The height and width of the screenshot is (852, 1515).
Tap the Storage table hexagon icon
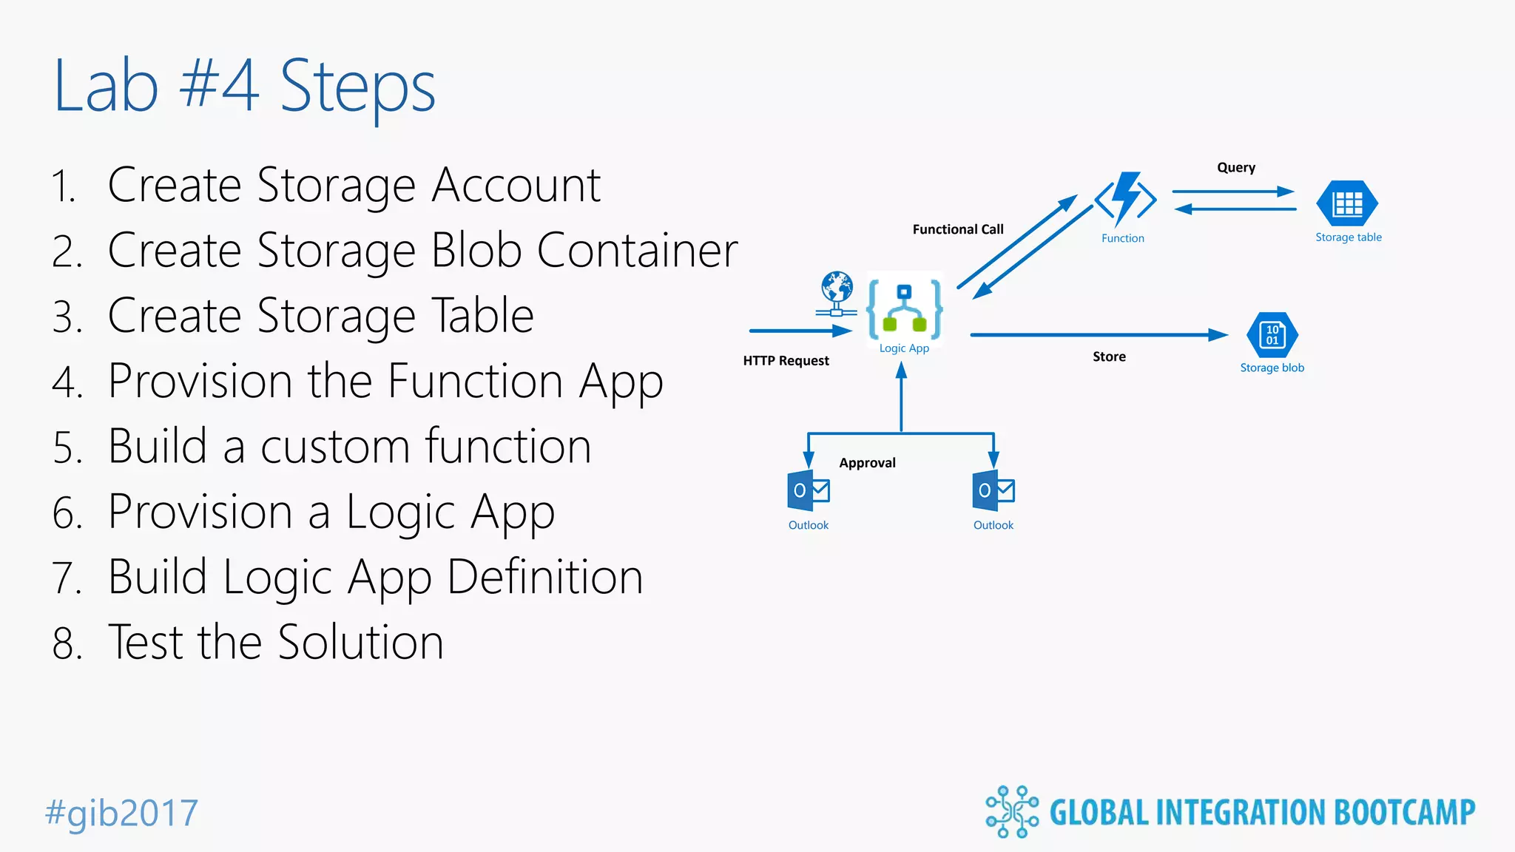[1347, 203]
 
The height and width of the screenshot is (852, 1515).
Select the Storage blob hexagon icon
[1272, 335]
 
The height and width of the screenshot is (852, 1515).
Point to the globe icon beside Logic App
[837, 291]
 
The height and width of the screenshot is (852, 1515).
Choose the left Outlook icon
[809, 490]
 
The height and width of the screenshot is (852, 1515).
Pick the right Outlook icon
[993, 490]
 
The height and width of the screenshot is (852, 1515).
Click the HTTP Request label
[786, 361]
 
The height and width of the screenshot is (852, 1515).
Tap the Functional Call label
[958, 229]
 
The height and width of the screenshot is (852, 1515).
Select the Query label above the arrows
[1236, 168]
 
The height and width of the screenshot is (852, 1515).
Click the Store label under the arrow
[1109, 356]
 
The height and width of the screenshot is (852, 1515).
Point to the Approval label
[867, 463]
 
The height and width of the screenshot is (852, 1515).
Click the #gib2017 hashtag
[122, 813]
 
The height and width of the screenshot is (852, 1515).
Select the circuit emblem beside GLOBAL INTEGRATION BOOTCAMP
[1011, 812]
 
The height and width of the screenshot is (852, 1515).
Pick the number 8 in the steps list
[66, 643]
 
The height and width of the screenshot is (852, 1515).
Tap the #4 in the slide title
[219, 86]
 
